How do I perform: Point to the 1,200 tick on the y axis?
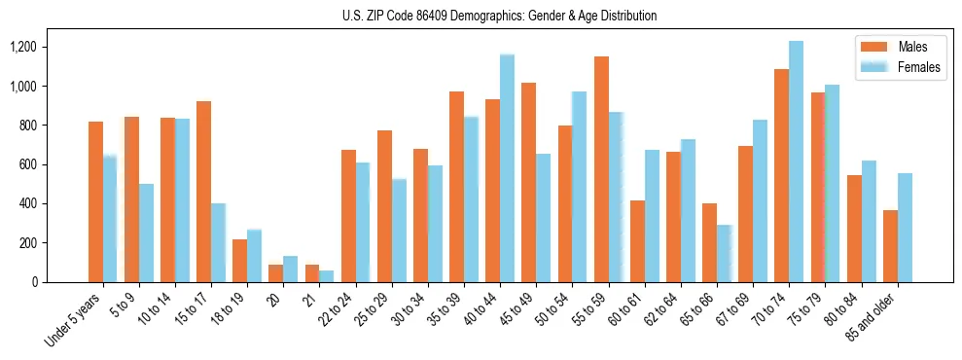point(42,47)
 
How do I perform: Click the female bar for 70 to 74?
point(796,162)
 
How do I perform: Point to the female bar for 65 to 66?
point(724,254)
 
